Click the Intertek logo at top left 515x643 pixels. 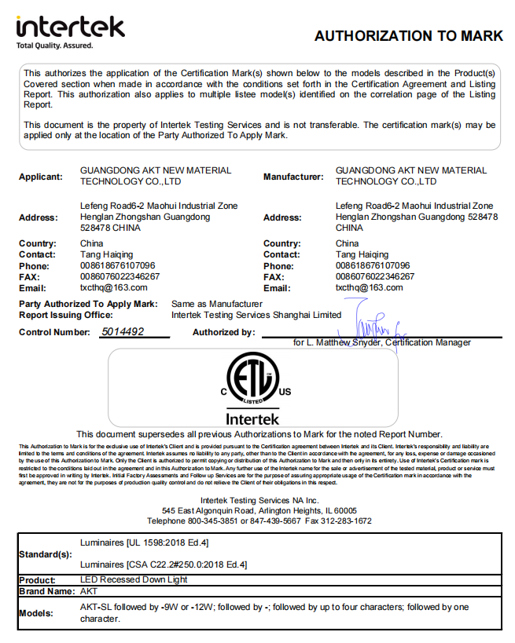[70, 30]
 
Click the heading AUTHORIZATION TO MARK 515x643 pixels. [408, 36]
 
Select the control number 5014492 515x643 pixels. [123, 331]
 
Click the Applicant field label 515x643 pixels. [41, 177]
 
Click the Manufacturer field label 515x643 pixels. [293, 177]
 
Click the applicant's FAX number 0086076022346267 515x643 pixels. [120, 276]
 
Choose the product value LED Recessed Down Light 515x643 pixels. [134, 580]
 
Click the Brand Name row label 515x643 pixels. [45, 591]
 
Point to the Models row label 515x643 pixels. [36, 613]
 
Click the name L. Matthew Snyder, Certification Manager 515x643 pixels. [382, 343]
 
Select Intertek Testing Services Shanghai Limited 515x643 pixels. [256, 314]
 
